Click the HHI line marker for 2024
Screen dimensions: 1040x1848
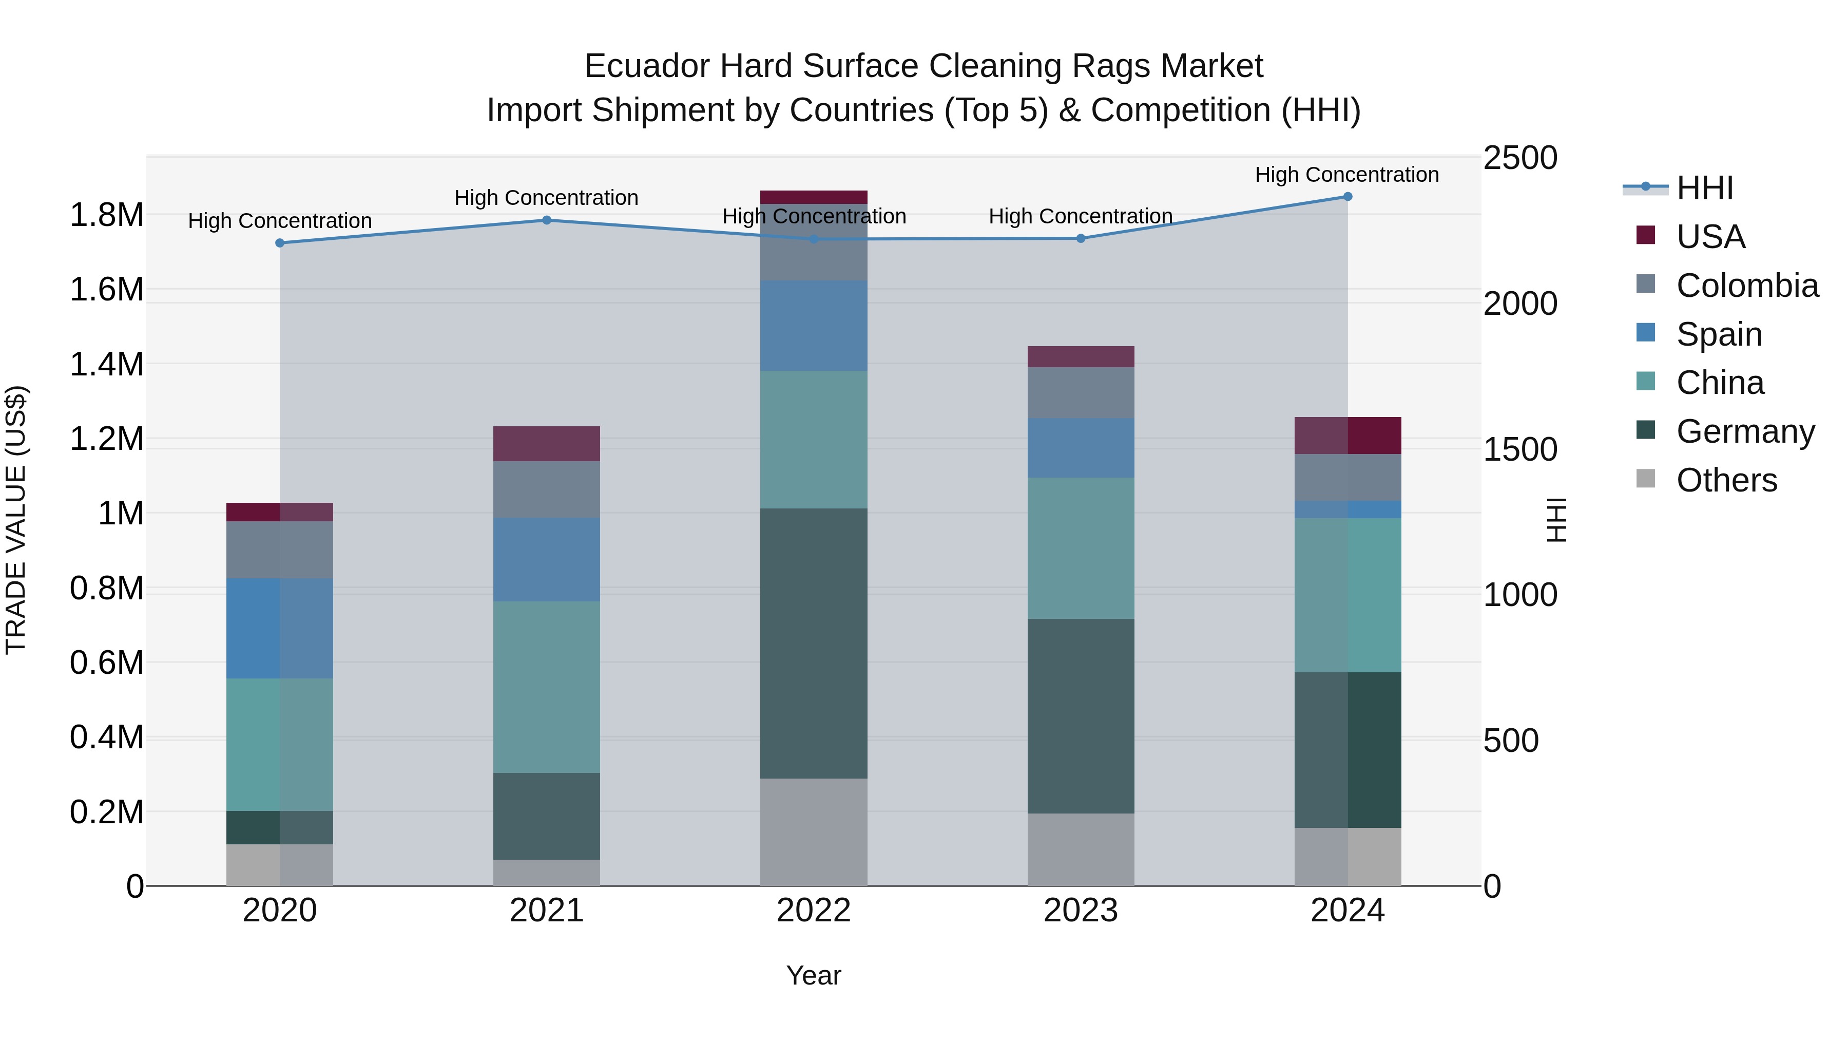click(x=1347, y=197)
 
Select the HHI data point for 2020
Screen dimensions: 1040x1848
click(x=280, y=243)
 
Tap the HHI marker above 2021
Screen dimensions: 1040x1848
click(x=547, y=220)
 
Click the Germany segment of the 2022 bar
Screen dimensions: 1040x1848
click(x=814, y=643)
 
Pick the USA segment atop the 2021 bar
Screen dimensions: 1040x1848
click(x=547, y=444)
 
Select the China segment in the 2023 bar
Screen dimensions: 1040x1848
click(x=1081, y=549)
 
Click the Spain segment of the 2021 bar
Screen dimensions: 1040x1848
click(x=547, y=560)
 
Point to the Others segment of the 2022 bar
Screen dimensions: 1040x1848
click(x=814, y=832)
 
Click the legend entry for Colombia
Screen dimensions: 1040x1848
click(x=1746, y=286)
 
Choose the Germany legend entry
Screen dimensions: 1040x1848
click(x=1745, y=431)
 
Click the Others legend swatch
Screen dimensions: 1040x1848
click(x=1646, y=479)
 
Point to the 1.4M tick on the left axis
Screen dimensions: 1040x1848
click(x=106, y=364)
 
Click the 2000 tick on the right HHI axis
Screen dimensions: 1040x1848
click(x=1520, y=304)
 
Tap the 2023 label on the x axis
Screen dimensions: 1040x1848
click(x=1081, y=911)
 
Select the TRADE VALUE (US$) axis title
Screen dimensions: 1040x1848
click(x=16, y=520)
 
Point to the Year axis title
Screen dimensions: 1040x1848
click(x=814, y=975)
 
